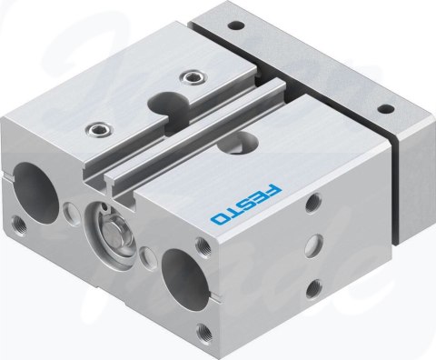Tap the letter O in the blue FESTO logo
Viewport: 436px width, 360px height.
tap(218, 219)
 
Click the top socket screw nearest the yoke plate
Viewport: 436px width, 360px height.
tap(192, 76)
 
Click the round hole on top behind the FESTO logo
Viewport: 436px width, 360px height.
tap(238, 143)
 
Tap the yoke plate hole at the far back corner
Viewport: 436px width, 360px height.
tap(236, 25)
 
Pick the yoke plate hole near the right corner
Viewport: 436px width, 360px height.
tap(386, 108)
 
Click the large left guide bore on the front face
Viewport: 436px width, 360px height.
tap(35, 193)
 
